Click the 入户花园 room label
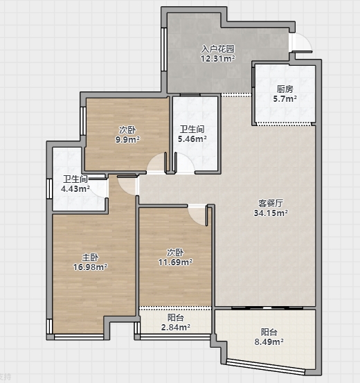click(217, 49)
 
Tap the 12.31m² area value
click(218, 59)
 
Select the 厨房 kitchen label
click(285, 89)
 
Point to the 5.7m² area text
click(285, 99)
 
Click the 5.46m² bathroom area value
click(192, 139)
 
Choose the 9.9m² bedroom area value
click(127, 140)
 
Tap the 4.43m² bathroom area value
click(75, 189)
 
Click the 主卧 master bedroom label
click(90, 257)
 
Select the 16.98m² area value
click(90, 267)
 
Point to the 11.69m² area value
click(175, 262)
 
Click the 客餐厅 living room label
click(271, 203)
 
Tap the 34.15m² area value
click(271, 213)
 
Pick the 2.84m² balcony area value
click(176, 327)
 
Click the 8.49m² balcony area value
click(269, 341)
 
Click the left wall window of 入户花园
click(164, 49)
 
